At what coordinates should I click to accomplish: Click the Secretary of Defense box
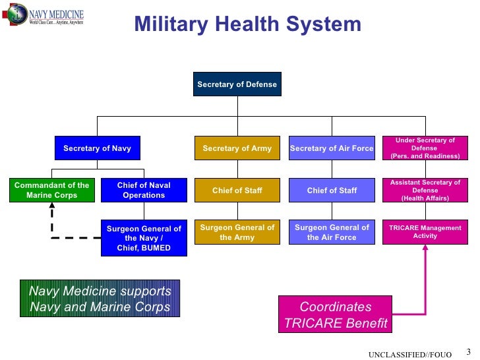[x=237, y=84]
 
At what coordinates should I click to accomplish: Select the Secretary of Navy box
[x=97, y=148]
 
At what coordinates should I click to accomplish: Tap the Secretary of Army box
[x=237, y=148]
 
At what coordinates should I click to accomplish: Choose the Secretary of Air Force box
[x=332, y=148]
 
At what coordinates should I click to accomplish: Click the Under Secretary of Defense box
[x=425, y=148]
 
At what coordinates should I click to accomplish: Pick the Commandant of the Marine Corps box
[x=51, y=190]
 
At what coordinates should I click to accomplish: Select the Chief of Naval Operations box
[x=144, y=190]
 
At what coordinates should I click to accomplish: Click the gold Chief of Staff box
[x=237, y=191]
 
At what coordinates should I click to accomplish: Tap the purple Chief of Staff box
[x=332, y=191]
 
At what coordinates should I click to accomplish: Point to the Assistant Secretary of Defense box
[x=425, y=191]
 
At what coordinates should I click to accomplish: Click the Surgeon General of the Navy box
[x=144, y=238]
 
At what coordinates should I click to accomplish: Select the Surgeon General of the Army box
[x=237, y=233]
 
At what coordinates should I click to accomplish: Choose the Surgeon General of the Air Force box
[x=332, y=233]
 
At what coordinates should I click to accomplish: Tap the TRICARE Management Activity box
[x=425, y=232]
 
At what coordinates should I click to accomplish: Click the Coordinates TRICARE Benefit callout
[x=336, y=315]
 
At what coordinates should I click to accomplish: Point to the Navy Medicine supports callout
[x=100, y=299]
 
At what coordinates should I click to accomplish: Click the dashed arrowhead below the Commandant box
[x=51, y=208]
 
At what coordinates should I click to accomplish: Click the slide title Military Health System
[x=247, y=24]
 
